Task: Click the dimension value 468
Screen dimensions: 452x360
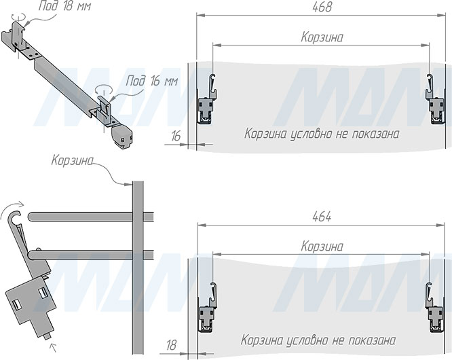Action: coord(322,7)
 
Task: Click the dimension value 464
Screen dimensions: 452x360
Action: coord(322,217)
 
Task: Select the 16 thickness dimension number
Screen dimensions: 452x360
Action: coord(176,136)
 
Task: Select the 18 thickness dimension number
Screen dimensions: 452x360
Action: coord(171,345)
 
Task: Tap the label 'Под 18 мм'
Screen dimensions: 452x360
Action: coord(64,5)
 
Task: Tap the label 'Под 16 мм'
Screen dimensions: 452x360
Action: coord(151,81)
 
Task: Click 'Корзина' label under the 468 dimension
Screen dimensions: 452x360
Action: coord(322,37)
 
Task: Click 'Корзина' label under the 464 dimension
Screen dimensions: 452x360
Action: coord(322,247)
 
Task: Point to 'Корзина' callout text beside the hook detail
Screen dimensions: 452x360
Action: coord(73,160)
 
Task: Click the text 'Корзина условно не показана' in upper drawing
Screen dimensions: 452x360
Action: coord(322,134)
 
